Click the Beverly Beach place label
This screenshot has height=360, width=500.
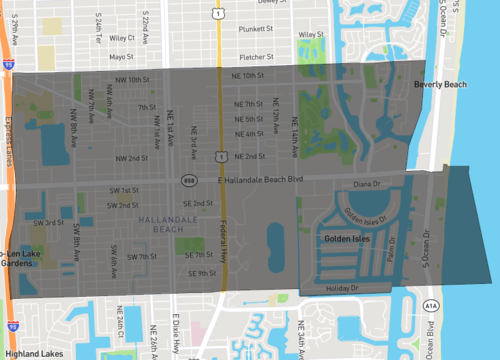pyautogui.click(x=440, y=85)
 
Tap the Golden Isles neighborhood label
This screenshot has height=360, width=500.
pyautogui.click(x=348, y=240)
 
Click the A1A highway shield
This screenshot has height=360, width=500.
pyautogui.click(x=430, y=306)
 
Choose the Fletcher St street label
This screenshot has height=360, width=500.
pyautogui.click(x=257, y=57)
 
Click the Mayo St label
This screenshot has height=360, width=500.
pyautogui.click(x=122, y=57)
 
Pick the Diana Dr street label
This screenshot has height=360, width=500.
pyautogui.click(x=368, y=184)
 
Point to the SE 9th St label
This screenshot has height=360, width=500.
pyautogui.click(x=200, y=273)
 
